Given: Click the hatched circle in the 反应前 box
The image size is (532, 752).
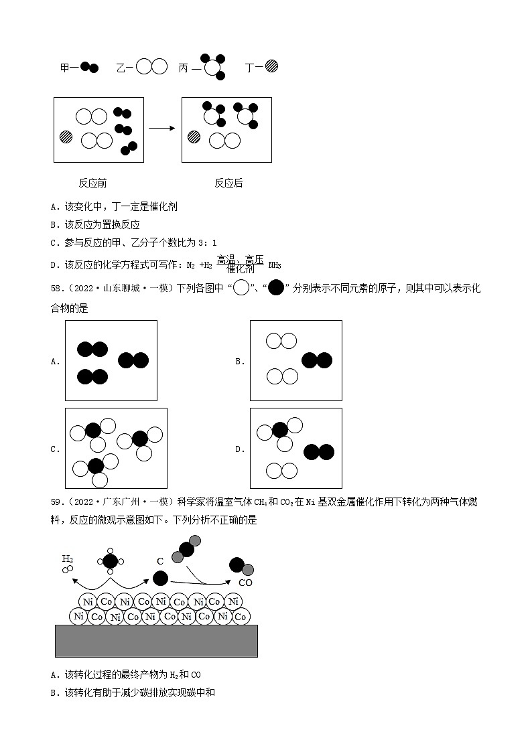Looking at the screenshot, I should [x=66, y=137].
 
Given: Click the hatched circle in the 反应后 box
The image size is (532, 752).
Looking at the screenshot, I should [x=194, y=137].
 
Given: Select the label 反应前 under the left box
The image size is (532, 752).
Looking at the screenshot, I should [x=92, y=183].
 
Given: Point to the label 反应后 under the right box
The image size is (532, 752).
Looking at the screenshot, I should [x=228, y=183].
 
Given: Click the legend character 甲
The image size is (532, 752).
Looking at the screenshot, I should [x=65, y=68].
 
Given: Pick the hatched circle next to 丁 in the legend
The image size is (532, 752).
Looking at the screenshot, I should [x=271, y=66].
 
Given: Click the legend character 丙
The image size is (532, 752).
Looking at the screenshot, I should [x=184, y=68].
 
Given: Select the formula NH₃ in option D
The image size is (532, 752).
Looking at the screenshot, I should [x=274, y=265].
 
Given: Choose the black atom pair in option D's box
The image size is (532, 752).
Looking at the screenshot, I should [x=319, y=452].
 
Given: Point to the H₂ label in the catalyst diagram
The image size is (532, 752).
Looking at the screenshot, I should [x=68, y=558].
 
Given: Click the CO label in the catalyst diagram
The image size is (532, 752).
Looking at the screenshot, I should [x=245, y=583].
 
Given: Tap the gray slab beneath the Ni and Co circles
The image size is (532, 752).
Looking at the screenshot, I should [x=156, y=641].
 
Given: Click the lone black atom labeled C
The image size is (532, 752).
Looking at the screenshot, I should [x=161, y=578].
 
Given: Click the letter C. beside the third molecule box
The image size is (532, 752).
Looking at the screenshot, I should [x=55, y=449].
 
